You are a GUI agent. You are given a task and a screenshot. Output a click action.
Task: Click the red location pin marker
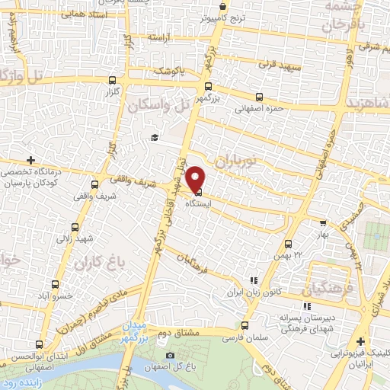coord(197,178)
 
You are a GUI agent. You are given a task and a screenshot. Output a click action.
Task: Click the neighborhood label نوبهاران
coord(237,161)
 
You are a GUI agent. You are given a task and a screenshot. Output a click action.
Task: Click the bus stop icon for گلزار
coord(113,79)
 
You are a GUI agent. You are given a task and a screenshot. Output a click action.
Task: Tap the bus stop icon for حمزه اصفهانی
coord(260,97)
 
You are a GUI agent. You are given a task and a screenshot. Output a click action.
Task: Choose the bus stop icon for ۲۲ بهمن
coord(286,244)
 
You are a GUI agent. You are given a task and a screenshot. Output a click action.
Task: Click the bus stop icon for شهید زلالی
coord(75,227)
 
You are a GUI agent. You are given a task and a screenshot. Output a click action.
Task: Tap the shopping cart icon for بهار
coord(323,224)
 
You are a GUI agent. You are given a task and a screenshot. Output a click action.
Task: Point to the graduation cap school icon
coord(154,137)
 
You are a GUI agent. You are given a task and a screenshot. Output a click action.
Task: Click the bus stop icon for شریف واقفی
coord(95,183)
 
